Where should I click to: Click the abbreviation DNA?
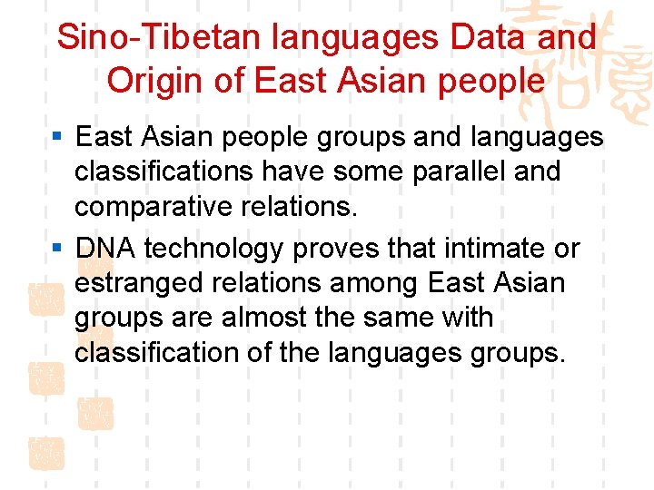[105, 248]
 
